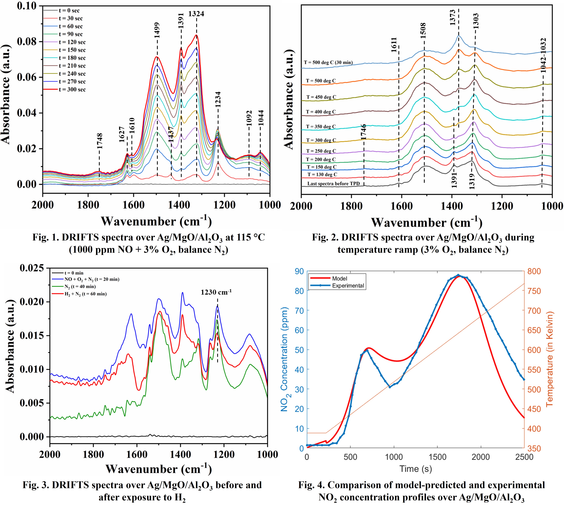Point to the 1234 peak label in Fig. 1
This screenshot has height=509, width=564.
pyautogui.click(x=218, y=99)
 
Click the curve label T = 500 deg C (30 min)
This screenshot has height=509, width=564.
pyautogui.click(x=328, y=62)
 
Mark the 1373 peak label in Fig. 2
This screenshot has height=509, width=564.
pyautogui.click(x=453, y=17)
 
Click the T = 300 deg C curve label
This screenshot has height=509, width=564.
pyautogui.click(x=321, y=140)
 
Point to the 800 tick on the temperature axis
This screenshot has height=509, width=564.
pyautogui.click(x=534, y=271)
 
